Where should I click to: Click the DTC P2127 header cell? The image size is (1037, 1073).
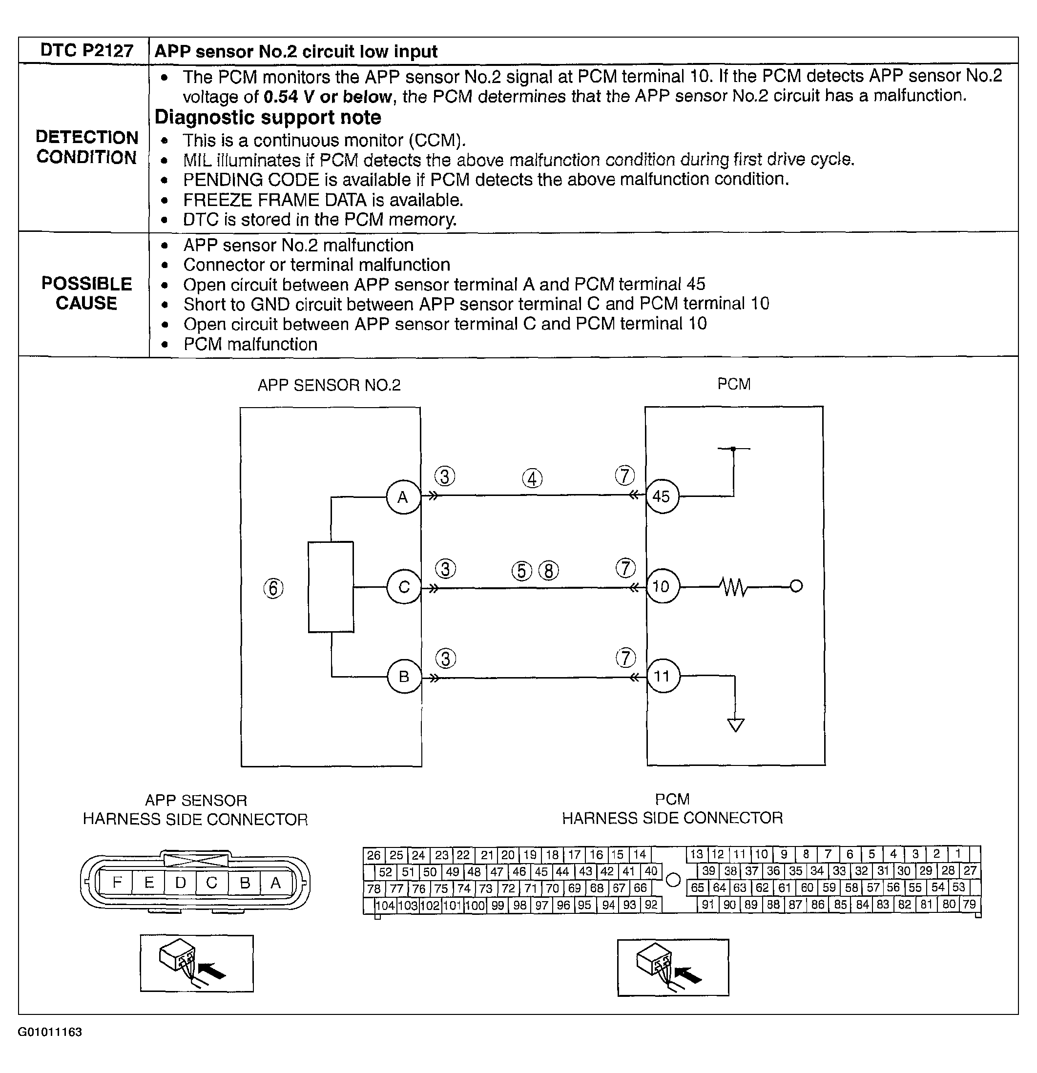coord(86,51)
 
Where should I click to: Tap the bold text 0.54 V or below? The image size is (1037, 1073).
coord(328,97)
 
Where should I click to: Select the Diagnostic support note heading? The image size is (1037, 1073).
coord(268,118)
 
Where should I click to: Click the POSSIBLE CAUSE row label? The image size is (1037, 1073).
coord(86,293)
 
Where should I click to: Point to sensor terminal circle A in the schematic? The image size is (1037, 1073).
coord(403,497)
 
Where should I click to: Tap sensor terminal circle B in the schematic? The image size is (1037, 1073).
coord(404,677)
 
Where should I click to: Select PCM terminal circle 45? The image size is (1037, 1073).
coord(662,496)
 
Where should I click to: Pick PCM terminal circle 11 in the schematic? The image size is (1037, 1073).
coord(662,677)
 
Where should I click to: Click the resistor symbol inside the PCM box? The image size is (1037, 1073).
coord(732,587)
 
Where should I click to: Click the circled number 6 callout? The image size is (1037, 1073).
coord(274,589)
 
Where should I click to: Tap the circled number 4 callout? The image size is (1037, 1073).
coord(532,478)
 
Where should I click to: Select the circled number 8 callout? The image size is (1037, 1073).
coord(549,571)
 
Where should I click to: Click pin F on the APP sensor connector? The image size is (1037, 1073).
coord(117,882)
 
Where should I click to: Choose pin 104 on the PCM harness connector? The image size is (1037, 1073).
coord(385,905)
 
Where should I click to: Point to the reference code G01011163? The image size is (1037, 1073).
coord(50,1032)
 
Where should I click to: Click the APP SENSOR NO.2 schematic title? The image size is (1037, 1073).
coord(329,385)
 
